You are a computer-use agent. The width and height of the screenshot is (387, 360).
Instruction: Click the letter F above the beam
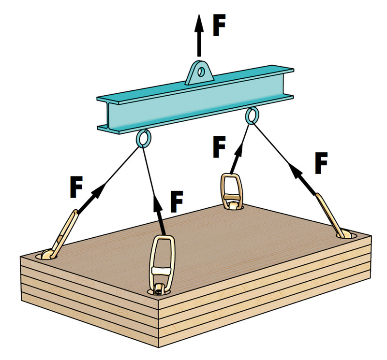(219, 25)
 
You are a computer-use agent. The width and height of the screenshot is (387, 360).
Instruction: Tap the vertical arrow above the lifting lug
(199, 36)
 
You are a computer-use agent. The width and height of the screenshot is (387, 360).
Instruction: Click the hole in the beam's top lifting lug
(201, 72)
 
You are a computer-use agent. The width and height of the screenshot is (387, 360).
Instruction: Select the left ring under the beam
(144, 139)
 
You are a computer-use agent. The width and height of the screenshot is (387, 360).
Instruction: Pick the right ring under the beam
(252, 116)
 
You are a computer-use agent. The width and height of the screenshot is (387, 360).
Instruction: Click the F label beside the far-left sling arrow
(76, 187)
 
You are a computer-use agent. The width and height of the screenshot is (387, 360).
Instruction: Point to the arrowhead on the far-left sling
(98, 191)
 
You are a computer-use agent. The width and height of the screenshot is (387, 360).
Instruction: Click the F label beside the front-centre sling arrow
(176, 202)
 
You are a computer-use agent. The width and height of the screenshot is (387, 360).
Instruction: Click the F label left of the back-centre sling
(219, 146)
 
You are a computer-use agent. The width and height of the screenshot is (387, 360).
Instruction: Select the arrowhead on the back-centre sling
(238, 151)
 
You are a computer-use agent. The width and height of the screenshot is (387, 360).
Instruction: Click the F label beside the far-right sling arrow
(321, 163)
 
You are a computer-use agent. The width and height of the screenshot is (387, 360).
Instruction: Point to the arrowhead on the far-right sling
(296, 171)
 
